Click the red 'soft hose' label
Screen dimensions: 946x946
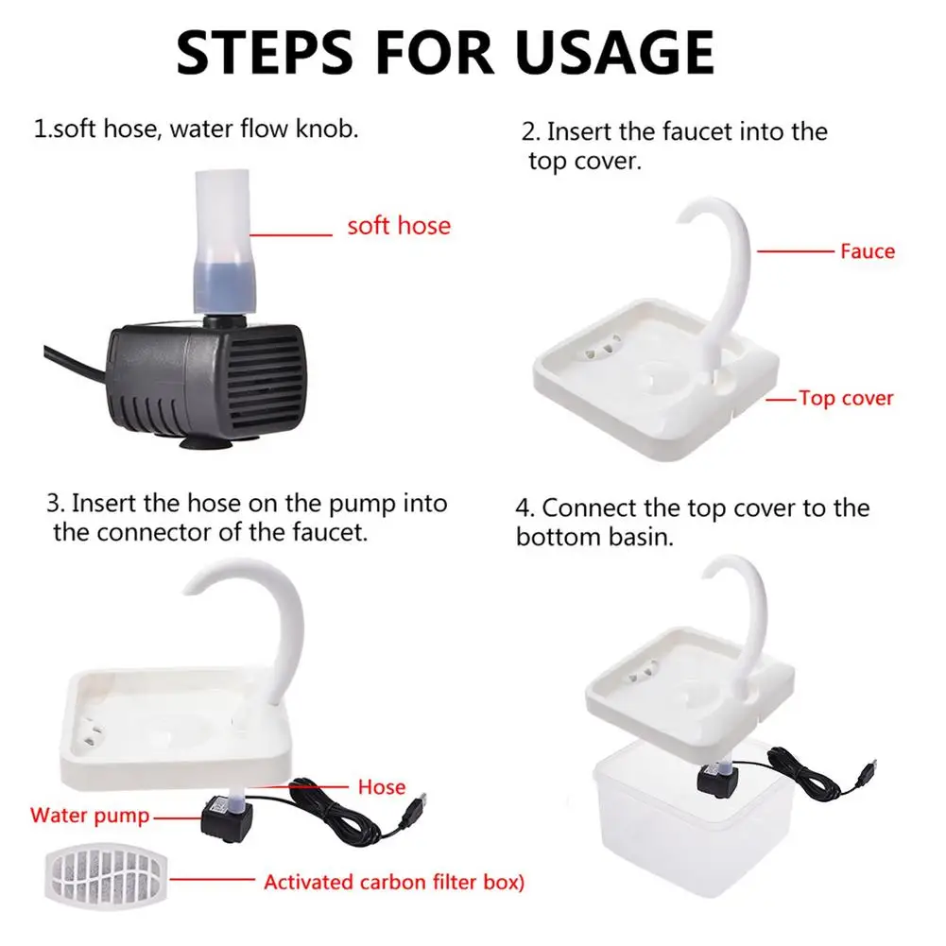click(x=399, y=226)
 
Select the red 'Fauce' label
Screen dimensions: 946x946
click(x=867, y=251)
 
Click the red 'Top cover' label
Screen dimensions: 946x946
click(x=846, y=398)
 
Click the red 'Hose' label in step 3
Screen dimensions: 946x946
click(x=382, y=786)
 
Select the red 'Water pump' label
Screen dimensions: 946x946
click(x=90, y=815)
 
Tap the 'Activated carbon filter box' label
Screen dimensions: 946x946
click(x=393, y=883)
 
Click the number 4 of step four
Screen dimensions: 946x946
click(x=522, y=508)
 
